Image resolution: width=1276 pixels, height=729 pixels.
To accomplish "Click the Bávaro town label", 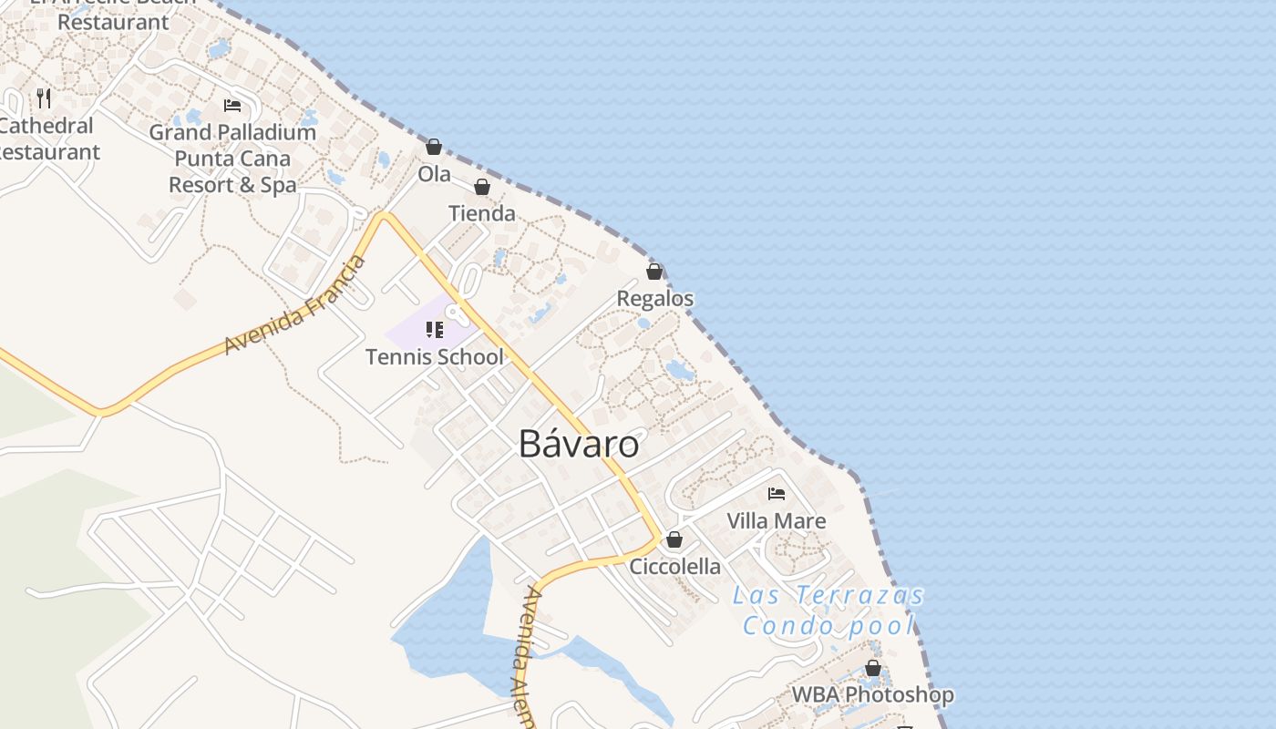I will coord(579,444).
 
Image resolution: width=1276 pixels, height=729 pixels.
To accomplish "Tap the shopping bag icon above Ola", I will coord(434,147).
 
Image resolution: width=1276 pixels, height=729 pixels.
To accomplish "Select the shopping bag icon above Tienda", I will coord(482,187).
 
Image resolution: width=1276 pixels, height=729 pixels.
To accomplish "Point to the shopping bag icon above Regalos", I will coord(654,272).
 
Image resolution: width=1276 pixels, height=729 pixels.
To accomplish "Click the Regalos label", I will coord(654,299).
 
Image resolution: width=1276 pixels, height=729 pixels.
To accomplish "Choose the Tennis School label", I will coord(434,356).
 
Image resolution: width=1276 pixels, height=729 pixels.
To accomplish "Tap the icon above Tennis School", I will coord(434,329).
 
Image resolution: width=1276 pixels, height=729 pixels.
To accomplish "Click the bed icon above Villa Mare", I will coord(777,494).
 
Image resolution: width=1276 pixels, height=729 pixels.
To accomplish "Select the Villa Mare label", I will coord(777,521).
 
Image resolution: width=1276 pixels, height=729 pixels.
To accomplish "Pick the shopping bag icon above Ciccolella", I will coord(674,539).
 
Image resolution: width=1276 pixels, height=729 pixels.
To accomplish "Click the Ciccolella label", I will coord(674,567).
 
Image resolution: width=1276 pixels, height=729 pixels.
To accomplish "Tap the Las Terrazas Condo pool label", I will coord(828,611).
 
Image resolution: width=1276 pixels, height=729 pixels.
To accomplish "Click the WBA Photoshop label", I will coord(872,694).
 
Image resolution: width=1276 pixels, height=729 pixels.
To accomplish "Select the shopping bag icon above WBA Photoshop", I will coord(873,668).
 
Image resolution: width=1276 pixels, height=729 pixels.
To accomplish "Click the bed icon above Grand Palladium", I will coord(232,106).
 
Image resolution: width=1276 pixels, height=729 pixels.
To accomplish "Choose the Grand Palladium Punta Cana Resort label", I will coord(232,159).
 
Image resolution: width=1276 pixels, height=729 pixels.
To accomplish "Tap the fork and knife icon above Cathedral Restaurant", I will coord(44,98).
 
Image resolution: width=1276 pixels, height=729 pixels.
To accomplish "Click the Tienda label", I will coord(482,214).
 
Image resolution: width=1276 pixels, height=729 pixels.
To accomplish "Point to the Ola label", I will coord(434,173).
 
